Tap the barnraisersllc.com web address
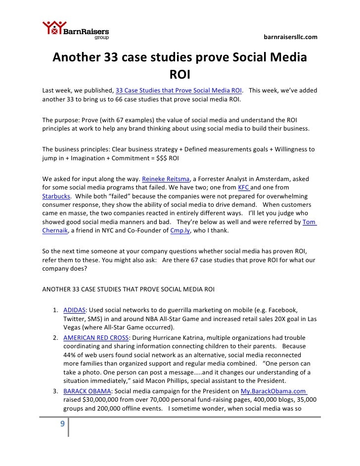tap(290, 37)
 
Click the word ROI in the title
tap(180, 75)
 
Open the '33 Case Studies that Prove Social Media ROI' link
tap(179, 91)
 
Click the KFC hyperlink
tap(244, 187)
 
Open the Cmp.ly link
tap(181, 231)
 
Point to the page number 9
tap(62, 423)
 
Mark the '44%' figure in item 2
tap(71, 355)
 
